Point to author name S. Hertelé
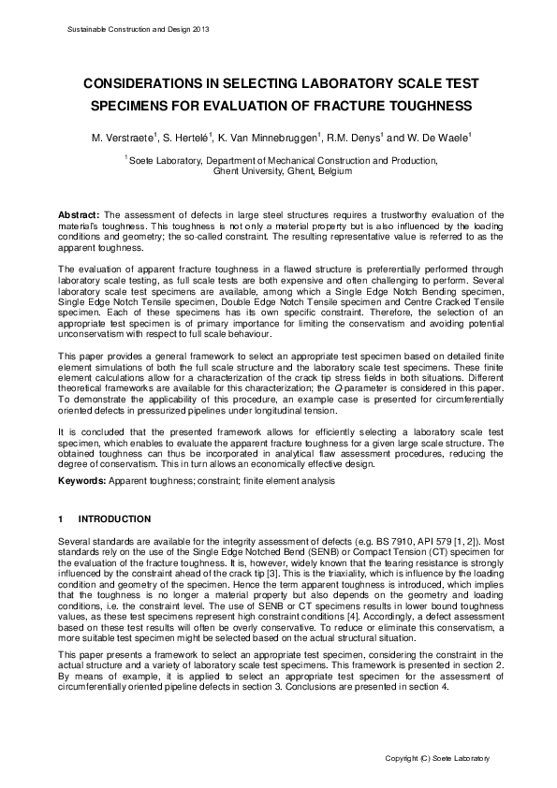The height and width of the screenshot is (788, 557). point(195,139)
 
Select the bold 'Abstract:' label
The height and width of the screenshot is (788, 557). point(79,214)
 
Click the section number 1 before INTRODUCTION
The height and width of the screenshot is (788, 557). point(61,518)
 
